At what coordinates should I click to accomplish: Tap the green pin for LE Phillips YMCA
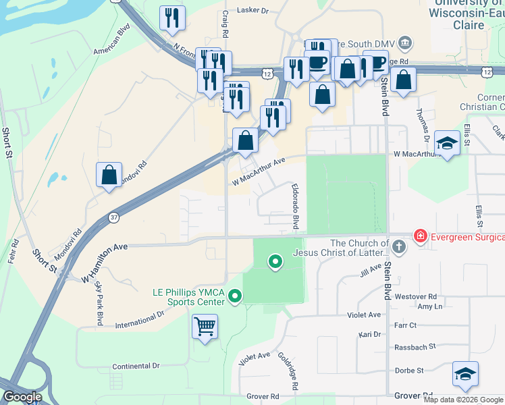[x=235, y=296]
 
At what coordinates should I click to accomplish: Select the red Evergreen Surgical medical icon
[x=421, y=237]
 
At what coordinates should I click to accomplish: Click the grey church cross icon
[x=399, y=246]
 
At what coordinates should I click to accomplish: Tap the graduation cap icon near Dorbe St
[x=465, y=375]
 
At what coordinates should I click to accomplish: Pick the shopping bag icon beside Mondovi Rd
[x=109, y=175]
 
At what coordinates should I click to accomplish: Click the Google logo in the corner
[x=22, y=397]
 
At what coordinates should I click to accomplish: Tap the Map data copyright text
[x=463, y=400]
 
